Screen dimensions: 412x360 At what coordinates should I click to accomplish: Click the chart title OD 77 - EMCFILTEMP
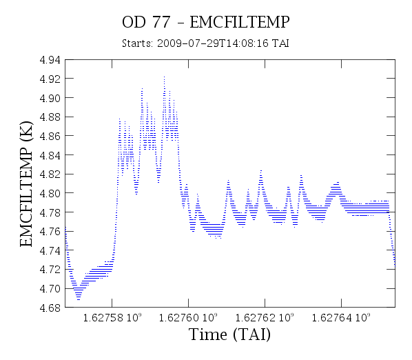(206, 22)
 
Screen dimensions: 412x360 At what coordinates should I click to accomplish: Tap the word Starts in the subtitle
(137, 43)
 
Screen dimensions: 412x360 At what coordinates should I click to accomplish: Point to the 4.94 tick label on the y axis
(50, 60)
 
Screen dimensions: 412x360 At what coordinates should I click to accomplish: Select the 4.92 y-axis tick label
(50, 79)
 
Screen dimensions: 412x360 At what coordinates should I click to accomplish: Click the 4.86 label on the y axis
(50, 137)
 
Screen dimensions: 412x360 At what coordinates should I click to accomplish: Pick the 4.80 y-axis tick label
(50, 193)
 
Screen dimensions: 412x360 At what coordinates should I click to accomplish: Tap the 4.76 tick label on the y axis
(50, 232)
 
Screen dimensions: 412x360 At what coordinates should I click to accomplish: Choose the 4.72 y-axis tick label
(50, 270)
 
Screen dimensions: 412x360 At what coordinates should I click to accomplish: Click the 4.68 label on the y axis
(50, 308)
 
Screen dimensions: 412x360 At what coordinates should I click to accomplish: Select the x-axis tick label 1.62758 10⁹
(112, 318)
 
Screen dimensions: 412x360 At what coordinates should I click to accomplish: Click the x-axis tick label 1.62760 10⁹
(188, 318)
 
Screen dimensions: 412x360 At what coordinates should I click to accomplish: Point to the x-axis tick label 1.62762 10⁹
(265, 318)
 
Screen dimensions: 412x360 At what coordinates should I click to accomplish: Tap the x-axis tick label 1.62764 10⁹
(341, 318)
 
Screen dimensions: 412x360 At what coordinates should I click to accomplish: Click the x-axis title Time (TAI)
(229, 334)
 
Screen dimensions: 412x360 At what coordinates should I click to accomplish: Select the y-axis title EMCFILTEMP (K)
(26, 184)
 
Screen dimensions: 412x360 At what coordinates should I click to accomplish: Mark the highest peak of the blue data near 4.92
(164, 77)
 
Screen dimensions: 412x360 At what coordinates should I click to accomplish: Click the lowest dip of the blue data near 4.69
(79, 299)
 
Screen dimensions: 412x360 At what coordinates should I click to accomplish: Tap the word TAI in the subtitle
(280, 43)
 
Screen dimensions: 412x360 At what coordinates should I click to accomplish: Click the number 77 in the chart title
(161, 22)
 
